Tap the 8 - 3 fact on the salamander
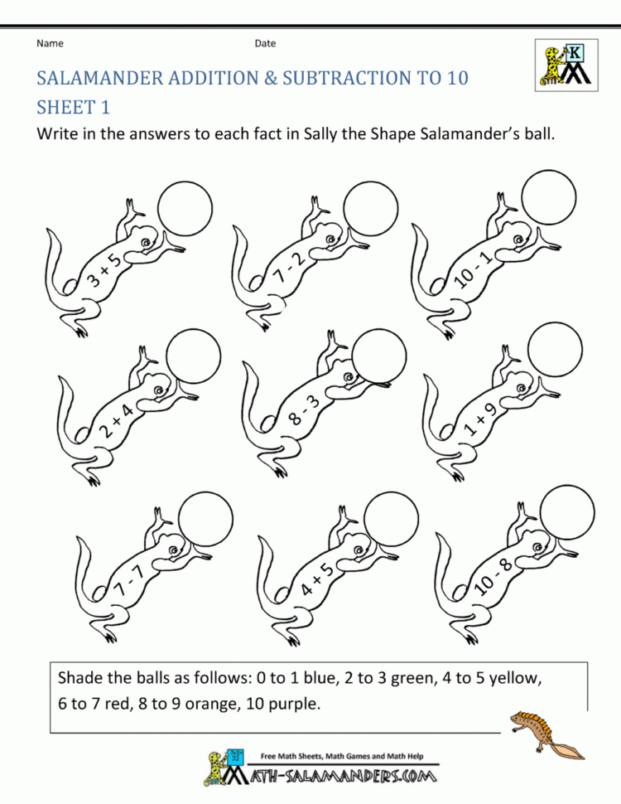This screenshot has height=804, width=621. pos(304,410)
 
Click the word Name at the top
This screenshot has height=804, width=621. pos(50,44)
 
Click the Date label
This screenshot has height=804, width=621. pos(265,44)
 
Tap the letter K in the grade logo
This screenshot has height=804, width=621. pos(575,52)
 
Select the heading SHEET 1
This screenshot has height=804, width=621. pos(73,108)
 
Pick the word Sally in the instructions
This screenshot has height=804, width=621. pos(318,134)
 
